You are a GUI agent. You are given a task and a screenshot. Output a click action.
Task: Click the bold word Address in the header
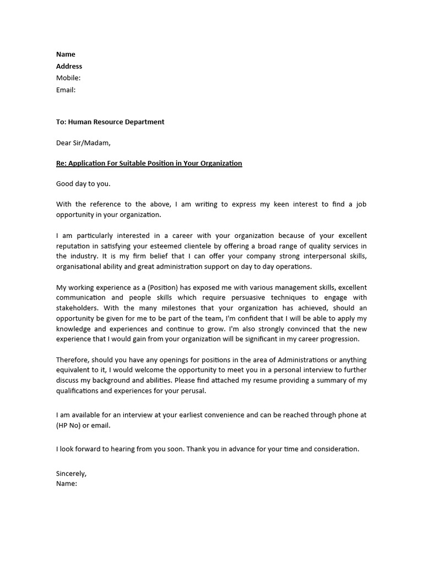[x=69, y=66]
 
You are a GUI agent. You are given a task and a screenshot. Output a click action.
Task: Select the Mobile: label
[x=68, y=78]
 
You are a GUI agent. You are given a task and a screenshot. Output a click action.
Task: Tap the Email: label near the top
[x=66, y=90]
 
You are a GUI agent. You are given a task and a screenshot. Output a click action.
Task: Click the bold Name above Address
[x=66, y=54]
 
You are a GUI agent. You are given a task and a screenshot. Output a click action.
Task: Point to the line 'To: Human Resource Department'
[x=110, y=122]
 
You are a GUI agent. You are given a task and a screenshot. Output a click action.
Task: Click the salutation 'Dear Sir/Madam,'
[x=83, y=143]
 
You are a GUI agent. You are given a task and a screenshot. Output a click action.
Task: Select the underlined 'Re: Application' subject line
[x=149, y=164]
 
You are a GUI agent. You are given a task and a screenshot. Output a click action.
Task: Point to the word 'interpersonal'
[x=326, y=257]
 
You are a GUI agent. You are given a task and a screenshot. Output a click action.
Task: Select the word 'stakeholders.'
[x=78, y=308]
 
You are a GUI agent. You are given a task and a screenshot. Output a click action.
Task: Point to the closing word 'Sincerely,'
[x=72, y=473]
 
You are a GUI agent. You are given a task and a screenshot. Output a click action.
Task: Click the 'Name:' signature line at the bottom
[x=67, y=484]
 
